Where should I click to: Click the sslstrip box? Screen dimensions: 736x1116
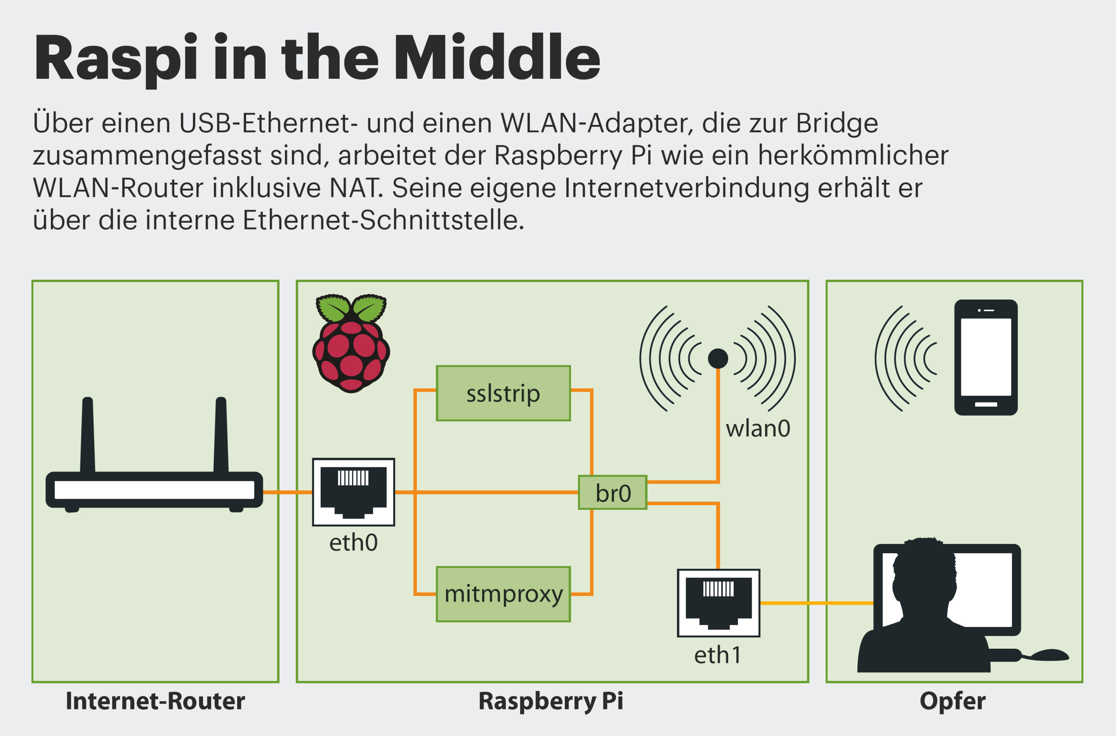click(503, 393)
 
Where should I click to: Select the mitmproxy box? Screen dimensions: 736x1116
click(503, 594)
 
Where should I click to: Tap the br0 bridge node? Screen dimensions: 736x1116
click(613, 493)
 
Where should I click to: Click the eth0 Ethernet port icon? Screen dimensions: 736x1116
click(354, 492)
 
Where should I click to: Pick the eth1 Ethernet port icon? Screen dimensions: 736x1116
click(718, 603)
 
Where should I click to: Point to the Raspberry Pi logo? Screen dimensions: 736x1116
click(351, 343)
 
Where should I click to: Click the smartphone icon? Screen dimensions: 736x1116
click(985, 357)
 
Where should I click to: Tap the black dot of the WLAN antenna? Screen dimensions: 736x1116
click(718, 358)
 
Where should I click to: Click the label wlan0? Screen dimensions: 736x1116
click(758, 428)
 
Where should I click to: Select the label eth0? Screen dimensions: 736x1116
click(354, 543)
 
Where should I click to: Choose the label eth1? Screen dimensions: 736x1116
click(718, 655)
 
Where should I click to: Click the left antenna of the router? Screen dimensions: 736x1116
click(88, 434)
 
